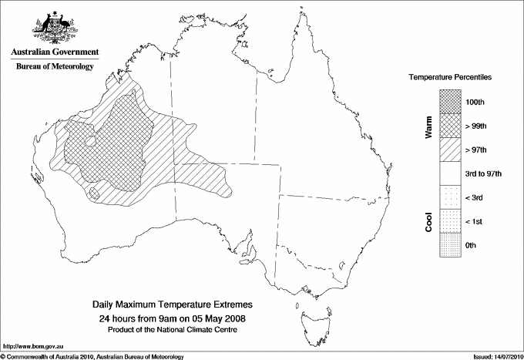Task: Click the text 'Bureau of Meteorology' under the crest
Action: tap(55, 67)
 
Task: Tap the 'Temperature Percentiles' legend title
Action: tap(451, 79)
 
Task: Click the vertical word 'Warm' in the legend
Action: tap(428, 127)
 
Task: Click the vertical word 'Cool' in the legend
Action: tap(428, 221)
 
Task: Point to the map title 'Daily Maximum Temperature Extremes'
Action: tap(173, 305)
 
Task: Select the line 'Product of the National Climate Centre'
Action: tap(173, 329)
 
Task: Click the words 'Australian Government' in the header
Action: tap(55, 52)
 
